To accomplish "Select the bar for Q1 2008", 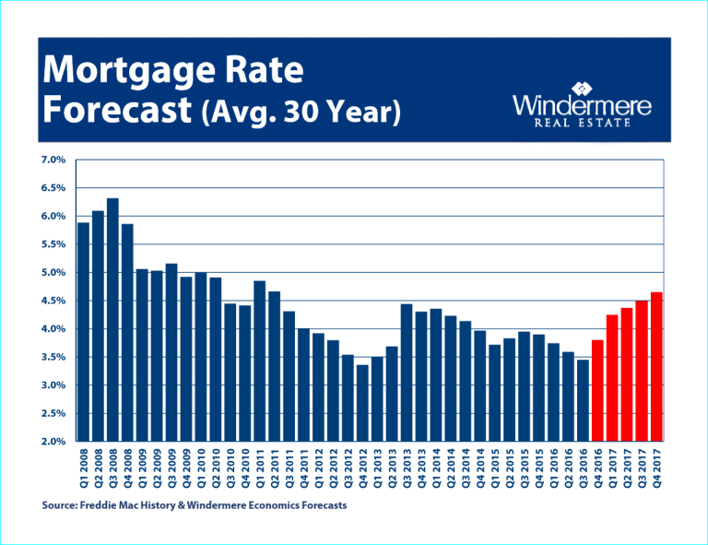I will pos(83,332).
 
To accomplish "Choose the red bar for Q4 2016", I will pos(597,391).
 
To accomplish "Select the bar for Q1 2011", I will pos(260,361).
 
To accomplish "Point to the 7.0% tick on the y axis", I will pos(53,160).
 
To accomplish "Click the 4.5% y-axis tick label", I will pos(53,301).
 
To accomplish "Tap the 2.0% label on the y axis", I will pos(53,442).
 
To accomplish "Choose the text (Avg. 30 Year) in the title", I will pos(300,113).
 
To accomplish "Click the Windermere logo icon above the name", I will pos(582,89).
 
